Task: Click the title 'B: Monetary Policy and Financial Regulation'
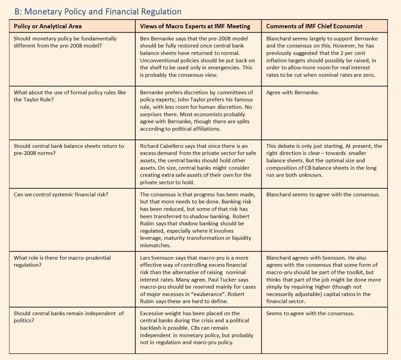[x=98, y=12]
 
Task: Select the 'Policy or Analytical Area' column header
[x=47, y=26]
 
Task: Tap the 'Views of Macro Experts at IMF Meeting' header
[x=195, y=26]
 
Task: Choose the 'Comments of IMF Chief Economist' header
[x=314, y=26]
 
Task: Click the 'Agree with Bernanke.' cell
[x=293, y=93]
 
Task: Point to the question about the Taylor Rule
[x=70, y=96]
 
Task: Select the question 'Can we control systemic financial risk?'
[x=61, y=195]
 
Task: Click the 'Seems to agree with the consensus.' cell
[x=310, y=314]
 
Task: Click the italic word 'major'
[x=154, y=294]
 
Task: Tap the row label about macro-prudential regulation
[x=62, y=261]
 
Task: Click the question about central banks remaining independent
[x=69, y=317]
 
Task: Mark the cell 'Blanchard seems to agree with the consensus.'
[x=323, y=195]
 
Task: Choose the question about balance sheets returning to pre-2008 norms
[x=69, y=150]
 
